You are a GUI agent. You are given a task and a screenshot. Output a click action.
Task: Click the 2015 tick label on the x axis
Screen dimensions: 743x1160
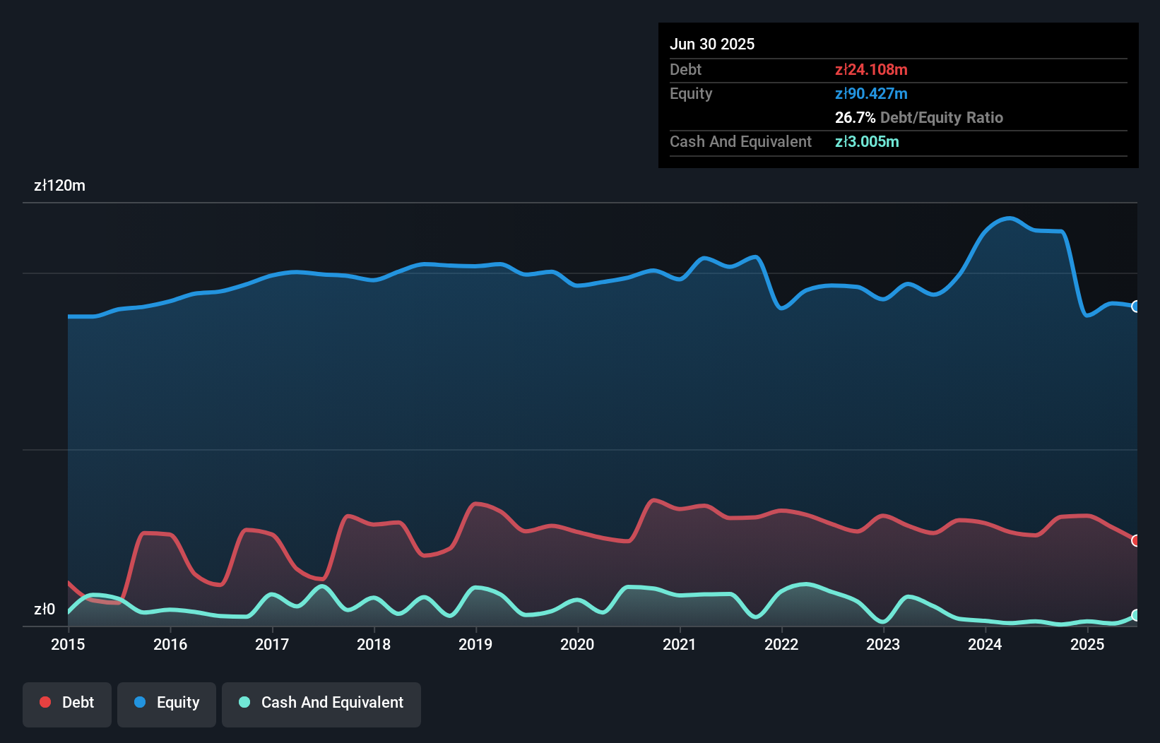(x=68, y=644)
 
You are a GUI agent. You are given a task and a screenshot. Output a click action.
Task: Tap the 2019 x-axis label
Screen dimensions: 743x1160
(x=475, y=644)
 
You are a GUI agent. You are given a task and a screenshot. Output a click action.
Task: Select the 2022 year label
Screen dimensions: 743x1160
(x=781, y=644)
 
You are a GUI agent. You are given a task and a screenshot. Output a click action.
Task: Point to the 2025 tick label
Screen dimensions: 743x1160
(x=1087, y=644)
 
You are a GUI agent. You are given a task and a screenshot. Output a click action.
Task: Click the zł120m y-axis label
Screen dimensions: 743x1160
(x=59, y=186)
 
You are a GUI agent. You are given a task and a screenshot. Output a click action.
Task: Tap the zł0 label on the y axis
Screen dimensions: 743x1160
(x=45, y=610)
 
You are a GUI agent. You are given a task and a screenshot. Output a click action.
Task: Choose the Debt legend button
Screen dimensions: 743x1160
(x=67, y=703)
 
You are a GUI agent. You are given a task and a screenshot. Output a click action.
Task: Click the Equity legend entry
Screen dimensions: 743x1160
(x=167, y=703)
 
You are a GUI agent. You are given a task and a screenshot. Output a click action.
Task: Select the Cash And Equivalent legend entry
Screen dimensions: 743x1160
(x=321, y=703)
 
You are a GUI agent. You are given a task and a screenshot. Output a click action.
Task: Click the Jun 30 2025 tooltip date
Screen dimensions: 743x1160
(x=712, y=44)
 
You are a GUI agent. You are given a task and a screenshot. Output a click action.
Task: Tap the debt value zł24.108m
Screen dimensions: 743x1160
(x=871, y=69)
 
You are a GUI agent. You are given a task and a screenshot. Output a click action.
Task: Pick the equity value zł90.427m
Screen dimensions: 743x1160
(x=871, y=93)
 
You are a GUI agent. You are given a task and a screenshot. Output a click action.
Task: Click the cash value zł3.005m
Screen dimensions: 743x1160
(x=867, y=141)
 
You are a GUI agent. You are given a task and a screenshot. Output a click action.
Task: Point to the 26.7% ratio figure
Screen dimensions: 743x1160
(x=855, y=117)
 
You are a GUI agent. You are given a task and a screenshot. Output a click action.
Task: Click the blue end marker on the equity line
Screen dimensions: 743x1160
(x=1135, y=307)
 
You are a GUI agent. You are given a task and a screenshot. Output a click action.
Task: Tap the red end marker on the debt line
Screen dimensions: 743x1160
(x=1135, y=540)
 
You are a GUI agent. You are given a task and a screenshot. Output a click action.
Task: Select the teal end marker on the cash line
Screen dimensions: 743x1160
(x=1135, y=615)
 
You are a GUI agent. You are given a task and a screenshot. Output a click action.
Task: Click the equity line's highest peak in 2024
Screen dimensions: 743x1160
(x=1010, y=218)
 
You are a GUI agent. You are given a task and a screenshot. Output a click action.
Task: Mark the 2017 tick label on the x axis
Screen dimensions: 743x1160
(x=272, y=644)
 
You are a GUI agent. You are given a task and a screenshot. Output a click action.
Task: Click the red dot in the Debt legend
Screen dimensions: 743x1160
(x=45, y=702)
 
